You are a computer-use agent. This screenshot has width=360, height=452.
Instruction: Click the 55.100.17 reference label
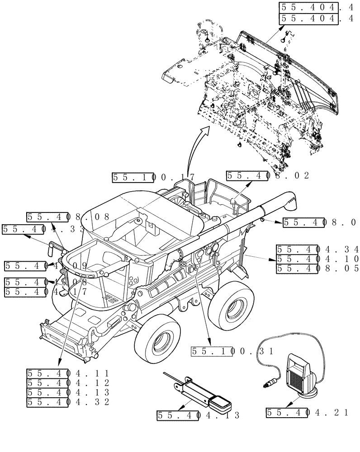click(153, 178)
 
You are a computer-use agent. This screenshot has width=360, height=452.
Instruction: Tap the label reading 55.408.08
click(68, 217)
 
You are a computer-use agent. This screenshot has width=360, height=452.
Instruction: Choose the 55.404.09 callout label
click(45, 266)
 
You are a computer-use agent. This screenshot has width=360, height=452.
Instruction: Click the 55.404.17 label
click(45, 292)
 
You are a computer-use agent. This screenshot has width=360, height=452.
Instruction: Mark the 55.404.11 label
click(68, 373)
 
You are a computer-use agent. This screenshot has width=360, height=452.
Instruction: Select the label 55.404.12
click(68, 383)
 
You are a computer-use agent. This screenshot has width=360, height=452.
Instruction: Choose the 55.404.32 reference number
click(68, 402)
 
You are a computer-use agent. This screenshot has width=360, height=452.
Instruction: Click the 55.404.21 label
click(308, 412)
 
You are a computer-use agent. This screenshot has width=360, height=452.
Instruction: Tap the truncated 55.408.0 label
click(319, 222)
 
